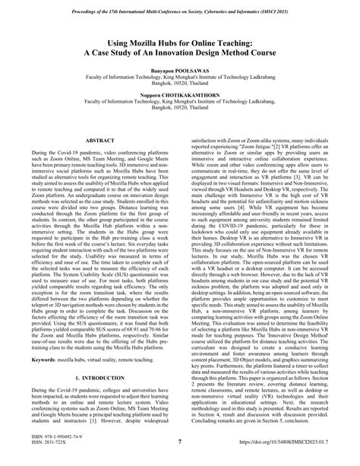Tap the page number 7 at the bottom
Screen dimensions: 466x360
(180, 443)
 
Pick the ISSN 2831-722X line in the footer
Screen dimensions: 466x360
(47, 448)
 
